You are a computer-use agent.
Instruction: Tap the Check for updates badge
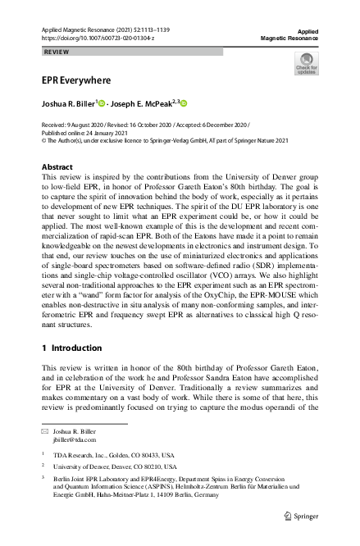[306, 63]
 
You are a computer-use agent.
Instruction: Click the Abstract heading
[57, 166]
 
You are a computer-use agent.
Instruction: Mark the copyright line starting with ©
[164, 139]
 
